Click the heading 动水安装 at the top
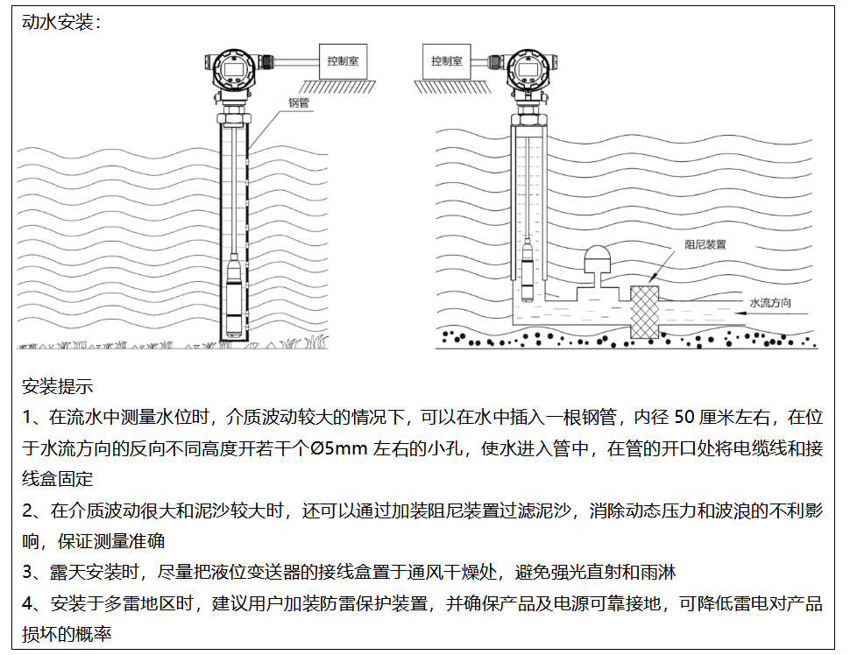tap(58, 22)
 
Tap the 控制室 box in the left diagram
tap(343, 61)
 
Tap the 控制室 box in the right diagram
tap(447, 61)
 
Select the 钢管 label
tap(299, 102)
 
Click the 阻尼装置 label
tap(705, 244)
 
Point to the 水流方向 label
tap(769, 302)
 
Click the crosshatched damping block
tap(644, 311)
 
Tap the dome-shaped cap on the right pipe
tap(598, 259)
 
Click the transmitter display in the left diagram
tap(234, 69)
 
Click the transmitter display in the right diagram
tap(528, 69)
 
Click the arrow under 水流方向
tap(769, 313)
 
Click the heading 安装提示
tap(58, 386)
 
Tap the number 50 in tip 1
tap(684, 417)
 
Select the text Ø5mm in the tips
tap(339, 448)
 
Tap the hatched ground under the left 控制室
tap(336, 86)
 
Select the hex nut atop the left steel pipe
tap(234, 118)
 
